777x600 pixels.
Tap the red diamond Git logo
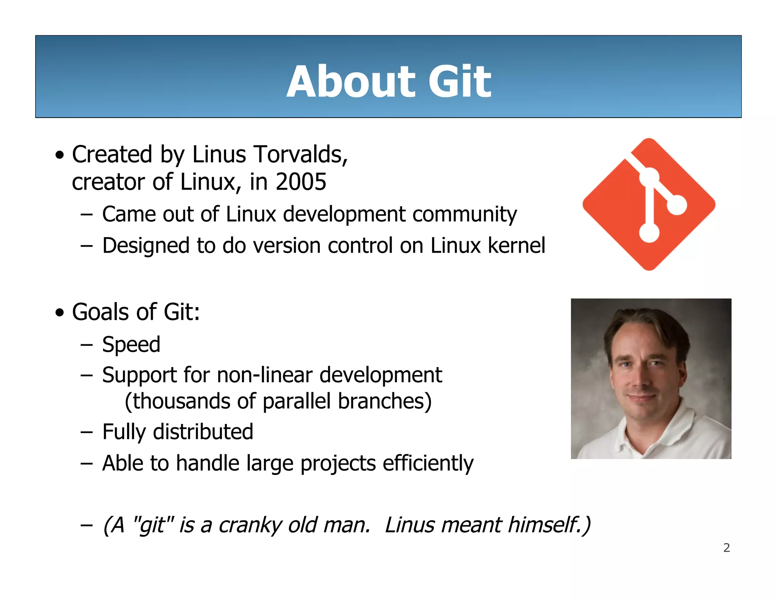click(615, 212)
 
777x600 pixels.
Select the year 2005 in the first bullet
click(301, 182)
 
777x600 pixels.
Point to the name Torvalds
click(300, 155)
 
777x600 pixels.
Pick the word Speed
click(131, 345)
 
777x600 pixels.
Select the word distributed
click(203, 432)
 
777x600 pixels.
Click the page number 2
click(727, 548)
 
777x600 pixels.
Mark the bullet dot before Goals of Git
click(60, 313)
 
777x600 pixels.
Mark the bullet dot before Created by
click(60, 155)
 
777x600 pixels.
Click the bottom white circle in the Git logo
click(649, 232)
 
